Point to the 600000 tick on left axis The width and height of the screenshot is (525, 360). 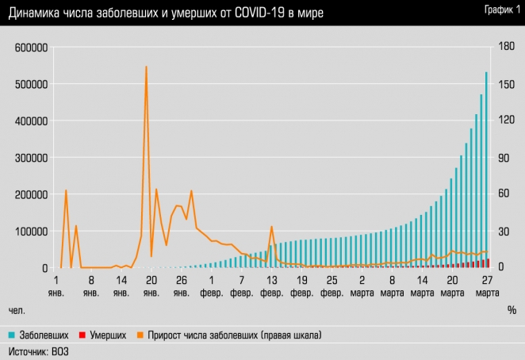tap(31, 48)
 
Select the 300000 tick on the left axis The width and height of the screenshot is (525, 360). tap(31, 158)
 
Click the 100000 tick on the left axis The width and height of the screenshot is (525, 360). tap(31, 232)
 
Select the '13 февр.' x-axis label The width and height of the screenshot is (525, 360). tap(271, 285)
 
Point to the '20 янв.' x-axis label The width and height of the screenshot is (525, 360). tap(151, 285)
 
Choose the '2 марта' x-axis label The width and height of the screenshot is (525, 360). tap(362, 285)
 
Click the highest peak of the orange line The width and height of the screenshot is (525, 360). tap(146, 67)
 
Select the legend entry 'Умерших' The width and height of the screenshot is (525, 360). tap(103, 335)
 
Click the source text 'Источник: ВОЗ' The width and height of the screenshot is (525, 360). tap(38, 350)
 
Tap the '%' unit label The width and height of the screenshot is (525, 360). tap(512, 308)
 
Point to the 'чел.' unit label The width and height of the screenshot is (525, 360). tap(17, 308)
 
